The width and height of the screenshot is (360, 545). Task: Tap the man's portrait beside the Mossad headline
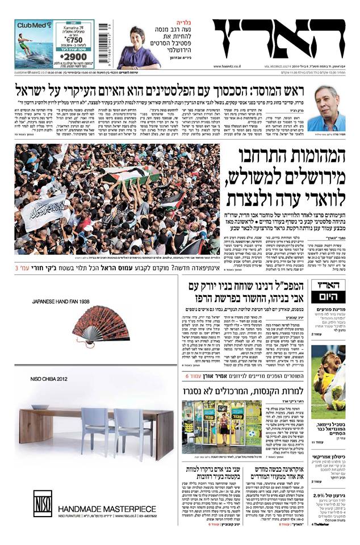click(330, 107)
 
